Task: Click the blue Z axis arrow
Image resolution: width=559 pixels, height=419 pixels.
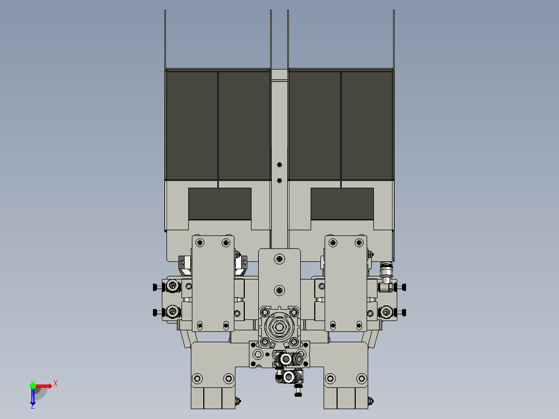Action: pos(33,397)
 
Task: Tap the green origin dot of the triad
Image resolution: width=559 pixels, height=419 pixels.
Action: pos(33,385)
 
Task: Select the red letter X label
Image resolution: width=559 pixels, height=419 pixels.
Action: pos(55,384)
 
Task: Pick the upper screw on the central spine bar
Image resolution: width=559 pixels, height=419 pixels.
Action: pos(279,164)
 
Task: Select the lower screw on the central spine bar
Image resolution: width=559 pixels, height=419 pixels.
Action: pos(279,180)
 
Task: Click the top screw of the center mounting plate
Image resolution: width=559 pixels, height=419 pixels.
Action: pos(279,258)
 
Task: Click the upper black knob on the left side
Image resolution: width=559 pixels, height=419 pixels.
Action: pos(155,287)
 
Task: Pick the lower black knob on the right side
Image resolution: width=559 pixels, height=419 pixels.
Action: pos(404,312)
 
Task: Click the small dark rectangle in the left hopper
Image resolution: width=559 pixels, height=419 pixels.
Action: pos(219,203)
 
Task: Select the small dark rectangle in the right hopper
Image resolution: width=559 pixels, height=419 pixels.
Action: pos(342,203)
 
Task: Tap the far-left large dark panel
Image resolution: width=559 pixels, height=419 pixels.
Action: pos(191,125)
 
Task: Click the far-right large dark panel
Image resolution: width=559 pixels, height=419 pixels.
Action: pos(367,125)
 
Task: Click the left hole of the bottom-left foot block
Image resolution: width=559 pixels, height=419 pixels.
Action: pos(197,378)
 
